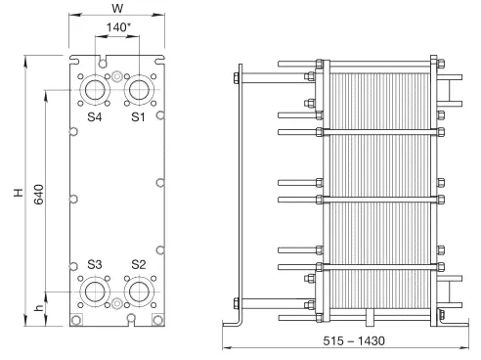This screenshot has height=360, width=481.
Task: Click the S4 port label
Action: click(x=95, y=116)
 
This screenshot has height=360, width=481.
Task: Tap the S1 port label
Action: click(x=138, y=116)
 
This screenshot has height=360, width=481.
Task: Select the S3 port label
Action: click(x=95, y=264)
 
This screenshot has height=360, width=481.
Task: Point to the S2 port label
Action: click(x=139, y=264)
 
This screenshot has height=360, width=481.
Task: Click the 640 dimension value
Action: click(x=39, y=195)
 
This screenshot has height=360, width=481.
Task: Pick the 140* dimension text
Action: click(x=118, y=27)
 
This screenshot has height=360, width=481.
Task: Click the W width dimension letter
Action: click(x=117, y=8)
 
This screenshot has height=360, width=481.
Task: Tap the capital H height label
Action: click(x=19, y=193)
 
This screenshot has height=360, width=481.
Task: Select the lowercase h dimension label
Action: click(x=38, y=307)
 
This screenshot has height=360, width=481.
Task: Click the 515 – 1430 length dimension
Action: click(x=354, y=340)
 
